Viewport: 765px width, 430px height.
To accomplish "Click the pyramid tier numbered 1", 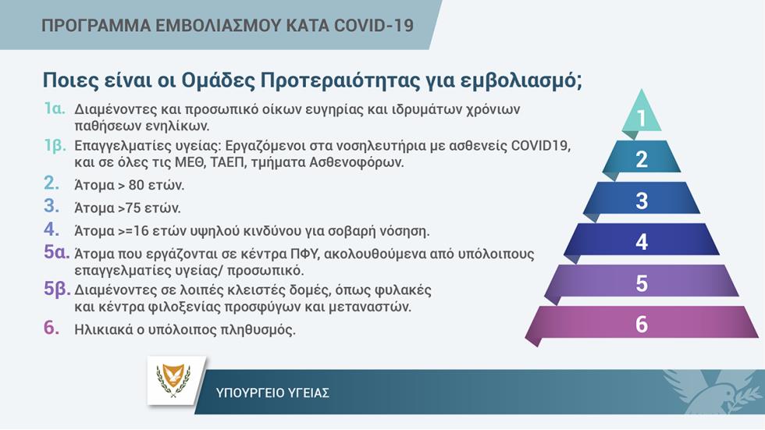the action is [x=642, y=115].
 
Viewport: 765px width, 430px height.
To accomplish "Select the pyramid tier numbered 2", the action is [x=642, y=158].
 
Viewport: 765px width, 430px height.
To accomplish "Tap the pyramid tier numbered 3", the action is [x=642, y=200].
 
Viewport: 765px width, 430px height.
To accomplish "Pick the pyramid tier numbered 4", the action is [x=642, y=241].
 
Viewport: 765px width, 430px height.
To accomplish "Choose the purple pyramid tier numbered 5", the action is [x=642, y=283].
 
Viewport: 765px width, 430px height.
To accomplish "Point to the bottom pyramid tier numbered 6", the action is [x=642, y=323].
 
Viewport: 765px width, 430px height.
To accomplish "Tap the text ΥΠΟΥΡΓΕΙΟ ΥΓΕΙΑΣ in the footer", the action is [x=272, y=393].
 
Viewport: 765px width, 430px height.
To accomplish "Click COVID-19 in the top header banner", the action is [x=374, y=25].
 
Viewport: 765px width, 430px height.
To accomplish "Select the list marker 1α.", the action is [x=55, y=108].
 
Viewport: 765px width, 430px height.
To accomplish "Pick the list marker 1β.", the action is [x=55, y=145].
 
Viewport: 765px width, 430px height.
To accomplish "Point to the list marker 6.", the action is [x=52, y=328].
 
